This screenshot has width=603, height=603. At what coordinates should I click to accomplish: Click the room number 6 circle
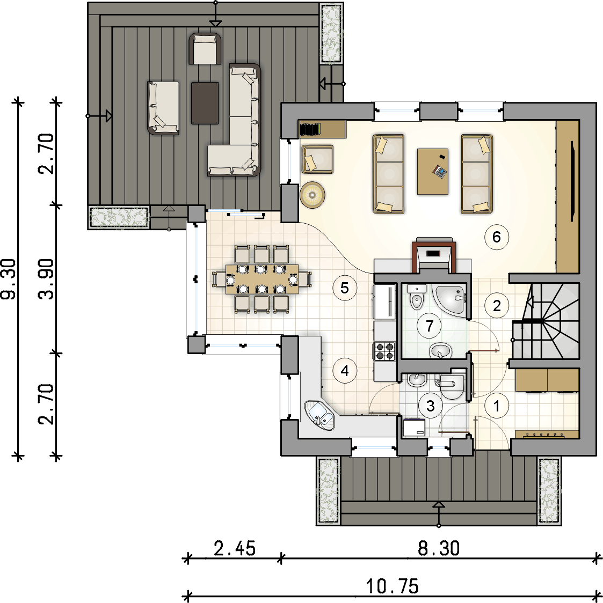click(x=496, y=237)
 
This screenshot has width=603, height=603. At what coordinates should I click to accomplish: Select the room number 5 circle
click(x=345, y=288)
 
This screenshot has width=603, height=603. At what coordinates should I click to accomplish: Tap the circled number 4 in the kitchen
click(x=345, y=370)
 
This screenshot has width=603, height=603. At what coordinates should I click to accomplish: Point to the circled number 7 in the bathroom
click(x=429, y=326)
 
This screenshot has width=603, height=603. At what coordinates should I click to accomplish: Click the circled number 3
click(x=430, y=406)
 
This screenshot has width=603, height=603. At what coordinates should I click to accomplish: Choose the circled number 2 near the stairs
click(x=497, y=305)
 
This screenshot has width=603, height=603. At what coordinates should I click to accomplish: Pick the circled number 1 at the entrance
click(x=497, y=406)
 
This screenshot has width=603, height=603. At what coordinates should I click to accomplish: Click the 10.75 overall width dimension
click(x=392, y=586)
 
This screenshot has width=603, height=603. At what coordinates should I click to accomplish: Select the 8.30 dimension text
click(x=439, y=548)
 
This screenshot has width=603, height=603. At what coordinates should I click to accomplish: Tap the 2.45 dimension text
click(x=235, y=549)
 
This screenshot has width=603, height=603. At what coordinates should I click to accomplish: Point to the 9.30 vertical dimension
click(x=10, y=279)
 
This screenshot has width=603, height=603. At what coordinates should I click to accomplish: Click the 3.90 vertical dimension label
click(x=47, y=279)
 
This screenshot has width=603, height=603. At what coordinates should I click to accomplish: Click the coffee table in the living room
click(x=433, y=171)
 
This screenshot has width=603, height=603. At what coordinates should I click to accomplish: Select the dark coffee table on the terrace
click(x=205, y=103)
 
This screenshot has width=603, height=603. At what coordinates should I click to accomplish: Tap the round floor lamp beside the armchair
click(x=312, y=195)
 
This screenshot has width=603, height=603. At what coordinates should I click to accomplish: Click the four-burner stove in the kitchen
click(x=384, y=351)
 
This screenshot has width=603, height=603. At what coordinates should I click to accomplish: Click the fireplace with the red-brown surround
click(x=434, y=255)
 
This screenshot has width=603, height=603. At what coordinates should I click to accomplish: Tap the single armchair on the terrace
click(x=204, y=49)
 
